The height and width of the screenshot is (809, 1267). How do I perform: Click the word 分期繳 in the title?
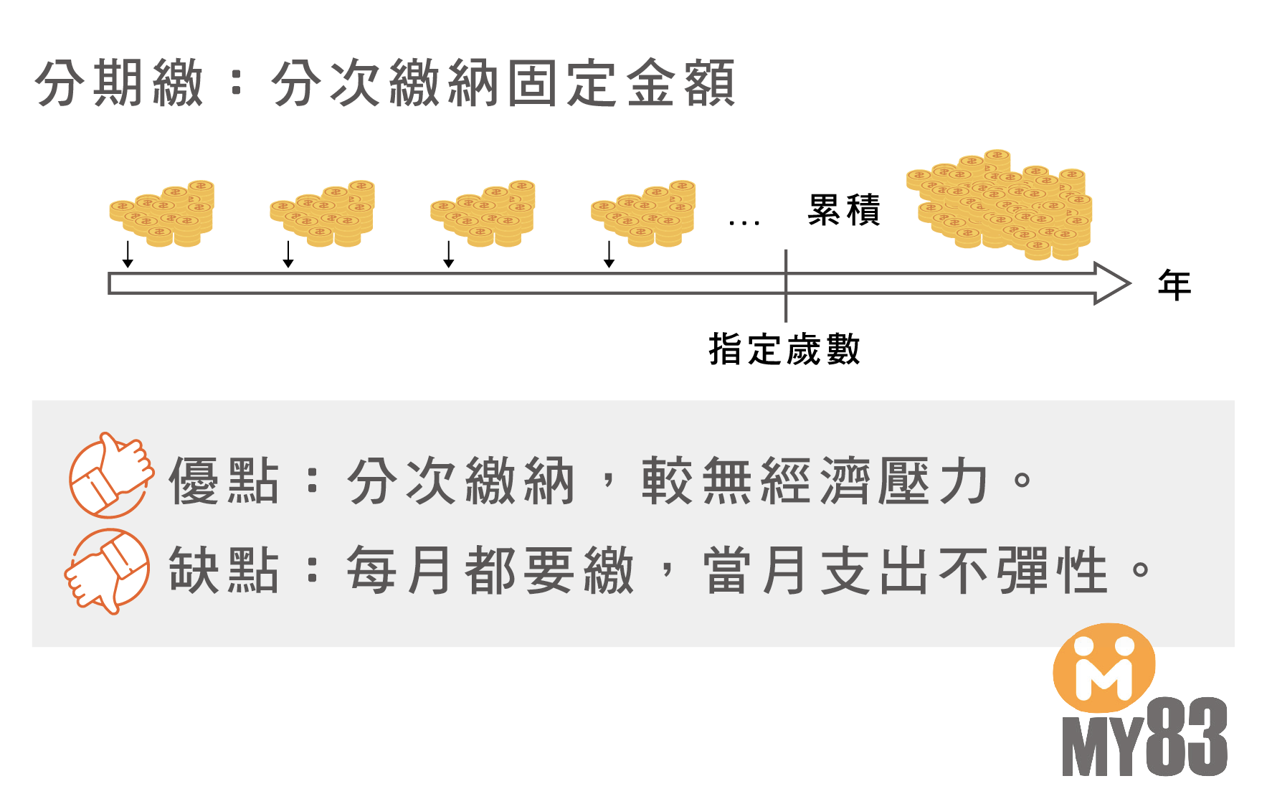click(x=119, y=84)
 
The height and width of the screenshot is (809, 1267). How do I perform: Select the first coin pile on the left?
click(x=162, y=213)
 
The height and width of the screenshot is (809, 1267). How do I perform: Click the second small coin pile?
click(x=323, y=213)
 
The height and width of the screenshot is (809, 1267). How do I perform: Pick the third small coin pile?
click(x=483, y=213)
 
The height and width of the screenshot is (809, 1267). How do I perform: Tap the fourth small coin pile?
click(x=644, y=213)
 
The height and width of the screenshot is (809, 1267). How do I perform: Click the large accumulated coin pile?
click(x=1001, y=205)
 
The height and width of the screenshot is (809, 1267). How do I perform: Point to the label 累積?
click(x=844, y=210)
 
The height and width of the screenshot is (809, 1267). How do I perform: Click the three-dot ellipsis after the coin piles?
click(x=744, y=223)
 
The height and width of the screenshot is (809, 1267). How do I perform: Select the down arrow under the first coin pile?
click(x=128, y=255)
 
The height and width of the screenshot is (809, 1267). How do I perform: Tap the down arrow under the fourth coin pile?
click(x=609, y=255)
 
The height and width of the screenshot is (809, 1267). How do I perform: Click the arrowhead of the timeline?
click(x=1111, y=283)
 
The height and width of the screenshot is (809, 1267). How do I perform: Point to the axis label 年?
click(x=1175, y=285)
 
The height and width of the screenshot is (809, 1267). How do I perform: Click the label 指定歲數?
click(x=784, y=350)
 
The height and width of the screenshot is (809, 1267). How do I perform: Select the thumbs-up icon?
click(x=111, y=476)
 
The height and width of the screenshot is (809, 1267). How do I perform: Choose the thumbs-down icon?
click(x=108, y=570)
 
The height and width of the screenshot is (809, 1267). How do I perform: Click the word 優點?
click(x=223, y=481)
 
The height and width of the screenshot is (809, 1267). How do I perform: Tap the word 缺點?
click(x=223, y=570)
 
